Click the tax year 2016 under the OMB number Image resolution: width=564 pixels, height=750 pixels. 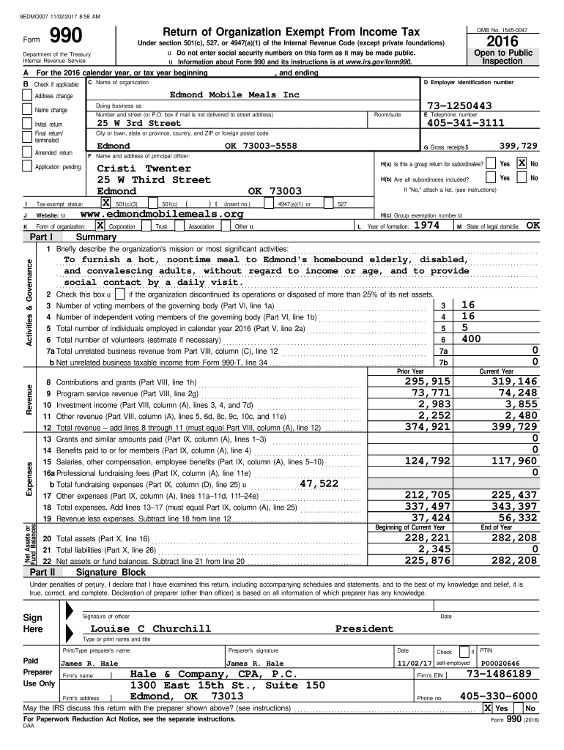(511, 42)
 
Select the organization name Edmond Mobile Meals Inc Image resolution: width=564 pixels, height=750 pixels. (234, 95)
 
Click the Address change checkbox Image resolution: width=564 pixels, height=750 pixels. (28, 96)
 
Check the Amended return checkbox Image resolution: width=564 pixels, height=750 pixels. (28, 152)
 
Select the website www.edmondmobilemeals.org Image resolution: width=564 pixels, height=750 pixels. (161, 214)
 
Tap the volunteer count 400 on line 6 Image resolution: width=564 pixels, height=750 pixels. (472, 339)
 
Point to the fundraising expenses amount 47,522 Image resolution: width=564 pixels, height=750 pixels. (319, 483)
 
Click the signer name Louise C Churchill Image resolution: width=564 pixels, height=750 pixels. (150, 628)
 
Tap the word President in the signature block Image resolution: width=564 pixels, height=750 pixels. (364, 628)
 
